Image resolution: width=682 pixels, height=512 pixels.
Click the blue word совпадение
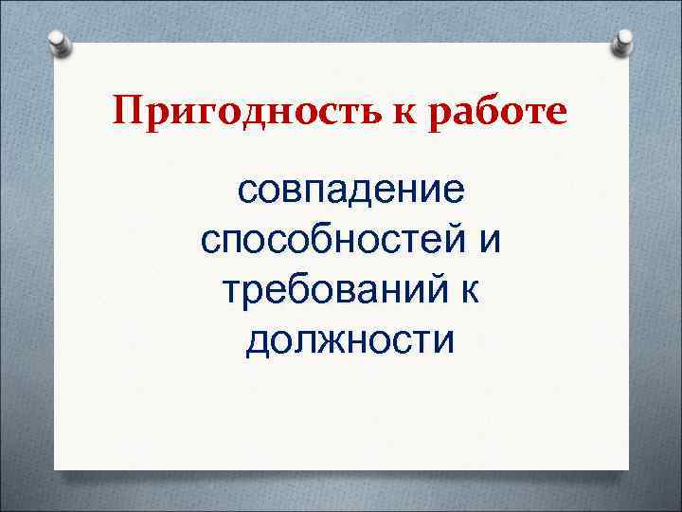350,192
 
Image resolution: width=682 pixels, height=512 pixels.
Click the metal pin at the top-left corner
58,43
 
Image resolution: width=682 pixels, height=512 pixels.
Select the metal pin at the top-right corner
623,41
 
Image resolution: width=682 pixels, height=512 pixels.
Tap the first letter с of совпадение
247,193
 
